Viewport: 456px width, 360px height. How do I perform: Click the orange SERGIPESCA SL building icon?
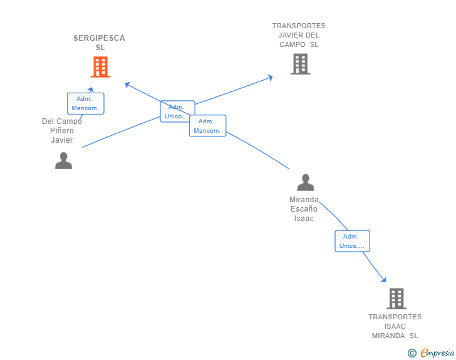[x=100, y=67]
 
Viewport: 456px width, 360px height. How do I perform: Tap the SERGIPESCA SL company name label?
[x=100, y=43]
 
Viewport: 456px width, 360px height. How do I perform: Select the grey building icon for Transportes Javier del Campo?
[x=301, y=64]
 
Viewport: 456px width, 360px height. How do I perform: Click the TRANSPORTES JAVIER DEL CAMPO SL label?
[x=299, y=35]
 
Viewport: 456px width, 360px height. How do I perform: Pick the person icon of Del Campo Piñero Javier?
[x=63, y=160]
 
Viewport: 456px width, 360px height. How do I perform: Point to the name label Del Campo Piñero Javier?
[x=62, y=131]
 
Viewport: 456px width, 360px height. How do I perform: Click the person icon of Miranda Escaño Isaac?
[x=306, y=182]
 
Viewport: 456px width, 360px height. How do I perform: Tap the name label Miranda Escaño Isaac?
[x=304, y=208]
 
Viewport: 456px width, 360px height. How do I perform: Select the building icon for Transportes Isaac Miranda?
[x=396, y=299]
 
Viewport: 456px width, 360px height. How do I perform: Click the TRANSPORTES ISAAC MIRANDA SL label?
[x=395, y=326]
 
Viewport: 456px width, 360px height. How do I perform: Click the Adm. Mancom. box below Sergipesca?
[x=85, y=103]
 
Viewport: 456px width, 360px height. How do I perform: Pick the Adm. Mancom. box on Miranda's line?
[x=208, y=126]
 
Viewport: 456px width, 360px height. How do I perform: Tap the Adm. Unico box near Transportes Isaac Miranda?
[x=352, y=241]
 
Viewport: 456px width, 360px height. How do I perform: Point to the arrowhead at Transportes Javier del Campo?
[x=271, y=78]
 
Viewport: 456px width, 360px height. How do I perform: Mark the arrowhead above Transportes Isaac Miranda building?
[x=384, y=280]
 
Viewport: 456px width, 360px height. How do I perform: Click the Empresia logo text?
[x=437, y=352]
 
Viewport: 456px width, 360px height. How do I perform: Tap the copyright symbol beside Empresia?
[x=412, y=353]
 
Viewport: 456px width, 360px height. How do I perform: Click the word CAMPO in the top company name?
[x=293, y=44]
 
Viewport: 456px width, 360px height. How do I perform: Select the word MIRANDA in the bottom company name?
[x=388, y=336]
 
